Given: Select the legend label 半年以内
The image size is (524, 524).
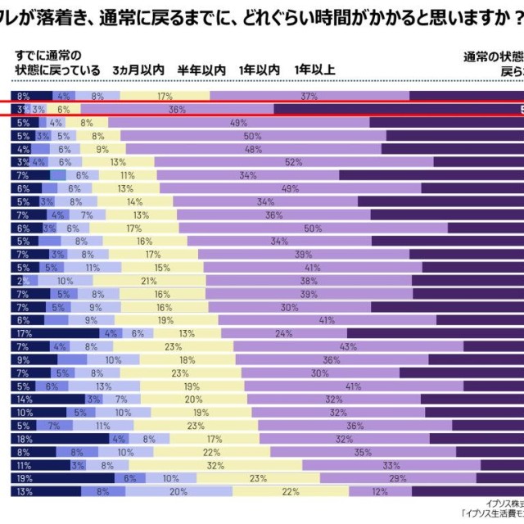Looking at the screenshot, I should click(201, 70).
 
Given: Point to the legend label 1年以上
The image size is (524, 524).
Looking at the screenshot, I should click(314, 70).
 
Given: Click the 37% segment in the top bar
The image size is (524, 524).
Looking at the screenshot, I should click(309, 96).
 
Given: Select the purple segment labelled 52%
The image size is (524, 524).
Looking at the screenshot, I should click(292, 162).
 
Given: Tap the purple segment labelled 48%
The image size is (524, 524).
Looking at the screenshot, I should click(253, 149).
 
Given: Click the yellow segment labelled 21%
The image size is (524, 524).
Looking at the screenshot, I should click(149, 281).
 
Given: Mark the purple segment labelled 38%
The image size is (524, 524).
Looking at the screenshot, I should click(309, 281).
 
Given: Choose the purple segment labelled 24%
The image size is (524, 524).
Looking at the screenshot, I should click(284, 333).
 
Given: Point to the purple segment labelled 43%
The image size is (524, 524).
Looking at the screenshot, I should click(348, 347).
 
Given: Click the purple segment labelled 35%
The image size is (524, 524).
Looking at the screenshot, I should click(363, 452).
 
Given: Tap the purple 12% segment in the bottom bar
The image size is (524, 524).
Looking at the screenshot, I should click(379, 491).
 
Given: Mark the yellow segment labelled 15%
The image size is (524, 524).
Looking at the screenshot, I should click(162, 268).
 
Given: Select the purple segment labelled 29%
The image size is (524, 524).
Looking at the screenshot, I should click(399, 478).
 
